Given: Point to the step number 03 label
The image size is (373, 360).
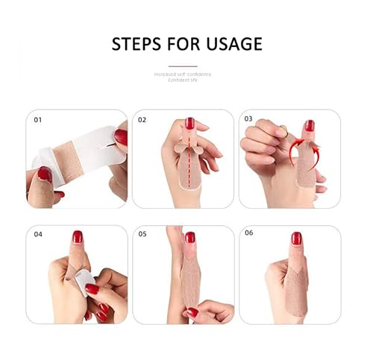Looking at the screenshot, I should (249, 119).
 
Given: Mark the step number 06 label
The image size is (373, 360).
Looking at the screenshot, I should (249, 233).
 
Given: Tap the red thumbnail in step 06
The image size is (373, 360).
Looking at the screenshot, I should (296, 239).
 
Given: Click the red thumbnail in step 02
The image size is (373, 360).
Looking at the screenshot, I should (189, 123).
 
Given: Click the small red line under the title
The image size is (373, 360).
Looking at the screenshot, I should (183, 66).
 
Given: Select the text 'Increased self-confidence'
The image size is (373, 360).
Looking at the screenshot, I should (183, 74).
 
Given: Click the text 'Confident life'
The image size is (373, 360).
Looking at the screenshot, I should (183, 80).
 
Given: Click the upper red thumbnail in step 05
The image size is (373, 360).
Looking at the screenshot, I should (190, 238).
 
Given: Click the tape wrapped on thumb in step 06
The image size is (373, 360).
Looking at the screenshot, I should (295, 280).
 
